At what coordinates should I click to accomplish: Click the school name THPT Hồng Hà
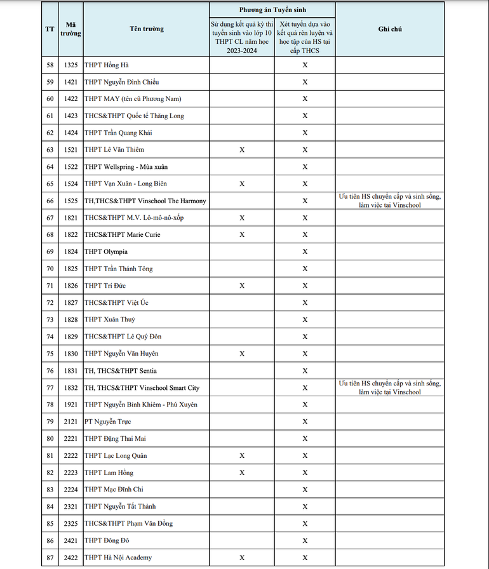(107, 65)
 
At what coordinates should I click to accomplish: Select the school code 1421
(71, 82)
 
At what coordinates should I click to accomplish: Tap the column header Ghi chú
(389, 29)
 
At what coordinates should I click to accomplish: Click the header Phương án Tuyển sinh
(272, 10)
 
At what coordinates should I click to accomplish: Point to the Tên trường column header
(147, 29)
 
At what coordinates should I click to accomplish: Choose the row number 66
(50, 201)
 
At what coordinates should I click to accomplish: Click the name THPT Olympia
(106, 251)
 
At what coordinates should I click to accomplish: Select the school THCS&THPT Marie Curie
(123, 234)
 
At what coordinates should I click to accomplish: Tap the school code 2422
(71, 558)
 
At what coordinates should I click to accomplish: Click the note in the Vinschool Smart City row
(389, 387)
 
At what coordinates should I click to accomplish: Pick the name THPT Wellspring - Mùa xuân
(126, 166)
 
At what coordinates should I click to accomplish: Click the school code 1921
(71, 405)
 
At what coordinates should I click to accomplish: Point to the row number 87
(50, 558)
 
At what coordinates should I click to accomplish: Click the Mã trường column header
(71, 29)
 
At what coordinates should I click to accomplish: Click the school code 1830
(71, 354)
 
